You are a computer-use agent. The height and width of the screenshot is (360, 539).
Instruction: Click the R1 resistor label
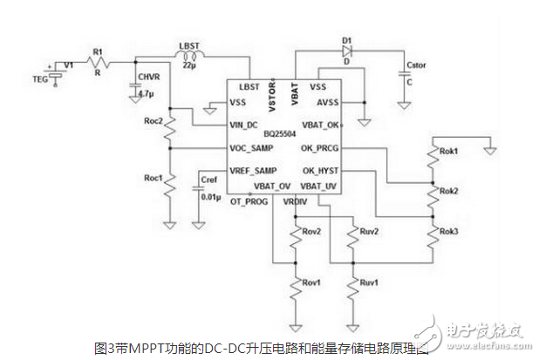pos(98,51)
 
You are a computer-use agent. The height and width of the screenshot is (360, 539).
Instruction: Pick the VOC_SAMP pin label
pos(249,148)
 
